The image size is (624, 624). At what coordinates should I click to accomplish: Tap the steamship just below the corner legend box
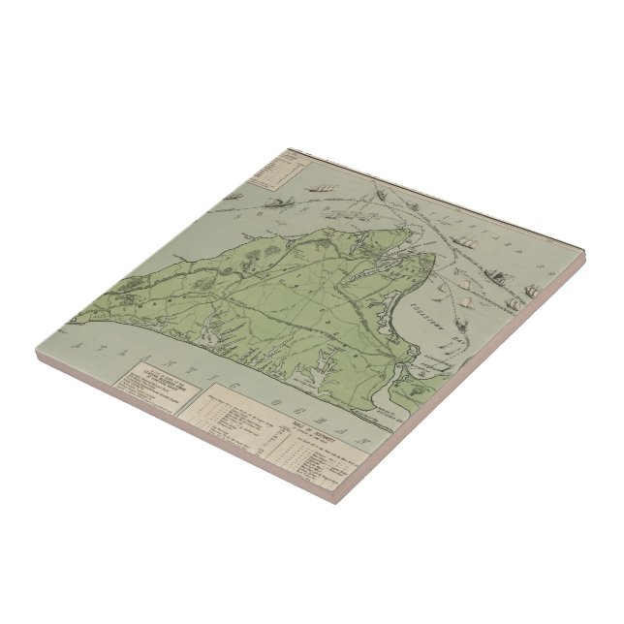point(281,203)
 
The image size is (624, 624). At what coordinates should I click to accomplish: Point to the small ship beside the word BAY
point(469,303)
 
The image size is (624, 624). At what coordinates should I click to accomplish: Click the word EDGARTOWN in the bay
point(441,291)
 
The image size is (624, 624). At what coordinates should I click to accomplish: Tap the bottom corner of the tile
point(335,503)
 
